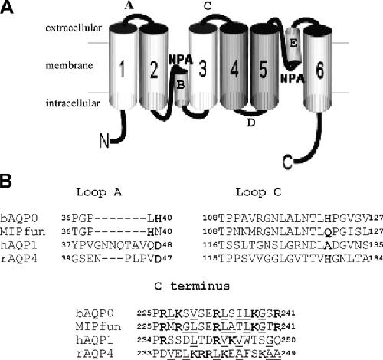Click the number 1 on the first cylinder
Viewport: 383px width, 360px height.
(x=123, y=69)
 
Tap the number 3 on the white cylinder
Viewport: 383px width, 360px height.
(x=203, y=68)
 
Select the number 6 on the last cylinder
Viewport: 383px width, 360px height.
(x=320, y=70)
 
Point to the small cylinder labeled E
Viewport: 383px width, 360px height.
(x=293, y=47)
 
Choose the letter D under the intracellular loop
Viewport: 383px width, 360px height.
(x=251, y=123)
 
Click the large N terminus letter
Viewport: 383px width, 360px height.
(x=104, y=141)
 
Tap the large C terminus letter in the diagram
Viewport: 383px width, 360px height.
(x=288, y=162)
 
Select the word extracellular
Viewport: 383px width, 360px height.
(x=74, y=28)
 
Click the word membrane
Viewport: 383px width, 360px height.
(x=69, y=65)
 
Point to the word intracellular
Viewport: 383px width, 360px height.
(x=73, y=103)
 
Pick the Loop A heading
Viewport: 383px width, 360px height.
(x=99, y=192)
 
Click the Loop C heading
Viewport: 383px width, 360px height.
(x=258, y=192)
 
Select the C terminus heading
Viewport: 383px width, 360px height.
(x=191, y=286)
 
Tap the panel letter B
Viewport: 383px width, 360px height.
(x=5, y=182)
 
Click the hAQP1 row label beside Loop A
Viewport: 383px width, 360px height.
(x=18, y=245)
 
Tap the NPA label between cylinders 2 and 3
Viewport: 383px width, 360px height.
(x=181, y=60)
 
